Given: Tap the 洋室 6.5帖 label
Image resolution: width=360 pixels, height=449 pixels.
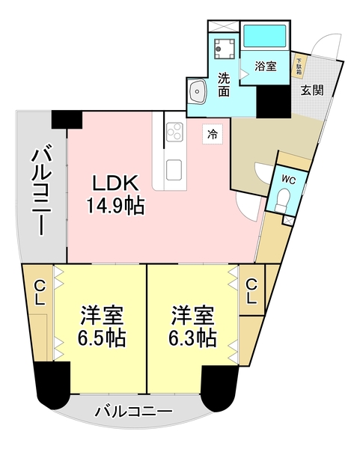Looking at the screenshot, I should pos(103,326).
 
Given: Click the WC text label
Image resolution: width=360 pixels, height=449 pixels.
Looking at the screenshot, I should pos(288,179).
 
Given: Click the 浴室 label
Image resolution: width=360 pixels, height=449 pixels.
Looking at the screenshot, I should pos(266,66).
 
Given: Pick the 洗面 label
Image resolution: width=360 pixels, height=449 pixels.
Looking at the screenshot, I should pos(224,84).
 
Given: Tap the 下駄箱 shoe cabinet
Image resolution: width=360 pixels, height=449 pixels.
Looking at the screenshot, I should pos(299,65).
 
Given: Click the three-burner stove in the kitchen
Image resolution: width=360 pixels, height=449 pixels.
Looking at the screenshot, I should pos(174,132).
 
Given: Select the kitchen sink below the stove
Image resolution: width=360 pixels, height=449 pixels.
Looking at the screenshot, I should pos(174,168).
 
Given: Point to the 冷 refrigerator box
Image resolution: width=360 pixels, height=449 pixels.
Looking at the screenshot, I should pos(213,135).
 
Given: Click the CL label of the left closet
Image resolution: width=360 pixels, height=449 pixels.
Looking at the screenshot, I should pos(37,291).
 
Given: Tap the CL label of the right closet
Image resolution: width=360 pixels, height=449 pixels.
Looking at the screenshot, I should pos(252,291).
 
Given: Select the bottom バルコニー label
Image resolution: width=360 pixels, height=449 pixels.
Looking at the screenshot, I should pos(134,411).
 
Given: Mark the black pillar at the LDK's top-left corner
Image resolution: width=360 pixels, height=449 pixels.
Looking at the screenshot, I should pos(67,118).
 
